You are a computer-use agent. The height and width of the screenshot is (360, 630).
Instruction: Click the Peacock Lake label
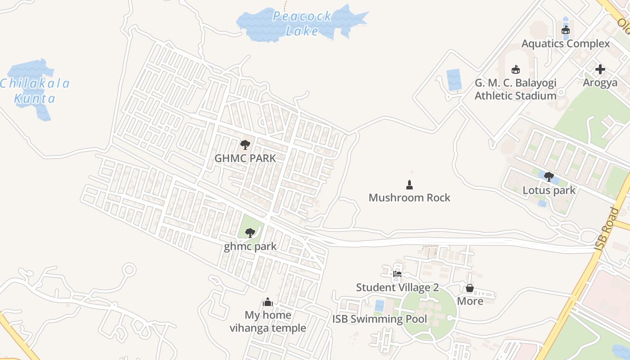[302, 23]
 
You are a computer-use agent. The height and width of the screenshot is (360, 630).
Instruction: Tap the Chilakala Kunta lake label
[35, 91]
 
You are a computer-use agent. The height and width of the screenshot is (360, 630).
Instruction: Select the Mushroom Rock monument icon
[409, 184]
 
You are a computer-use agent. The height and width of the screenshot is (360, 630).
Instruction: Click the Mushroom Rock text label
[409, 198]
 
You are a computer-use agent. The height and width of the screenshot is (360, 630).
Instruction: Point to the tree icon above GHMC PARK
[245, 145]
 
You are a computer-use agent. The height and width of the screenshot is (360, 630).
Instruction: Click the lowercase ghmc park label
[250, 247]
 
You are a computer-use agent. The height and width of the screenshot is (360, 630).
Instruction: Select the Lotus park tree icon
[549, 177]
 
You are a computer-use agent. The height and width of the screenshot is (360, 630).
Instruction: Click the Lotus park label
[549, 190]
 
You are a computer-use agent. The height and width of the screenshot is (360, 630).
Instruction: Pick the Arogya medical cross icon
[600, 70]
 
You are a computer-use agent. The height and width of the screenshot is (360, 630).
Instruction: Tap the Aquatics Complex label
[566, 44]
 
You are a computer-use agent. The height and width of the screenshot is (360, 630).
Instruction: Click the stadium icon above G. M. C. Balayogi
[516, 70]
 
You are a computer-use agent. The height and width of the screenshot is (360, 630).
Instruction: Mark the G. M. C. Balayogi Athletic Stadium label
[516, 89]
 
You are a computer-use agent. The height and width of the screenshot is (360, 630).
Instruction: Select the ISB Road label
[607, 229]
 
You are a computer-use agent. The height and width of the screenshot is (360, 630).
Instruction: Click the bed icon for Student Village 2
[397, 274]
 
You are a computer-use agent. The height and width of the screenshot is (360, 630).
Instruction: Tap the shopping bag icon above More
[470, 288]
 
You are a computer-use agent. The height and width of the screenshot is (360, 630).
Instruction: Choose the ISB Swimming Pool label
[380, 319]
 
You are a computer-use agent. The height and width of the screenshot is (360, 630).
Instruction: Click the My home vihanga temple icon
[268, 302]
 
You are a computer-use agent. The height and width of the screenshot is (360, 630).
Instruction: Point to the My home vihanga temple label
[268, 321]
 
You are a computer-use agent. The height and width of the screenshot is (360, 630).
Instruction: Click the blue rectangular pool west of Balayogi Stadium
[454, 80]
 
